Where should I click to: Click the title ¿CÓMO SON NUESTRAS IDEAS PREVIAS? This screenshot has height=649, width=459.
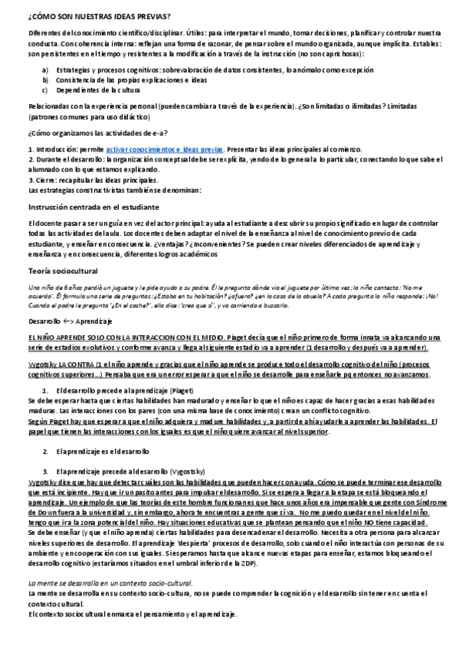[x=99, y=16]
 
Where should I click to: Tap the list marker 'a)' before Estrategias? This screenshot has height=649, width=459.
[x=45, y=70]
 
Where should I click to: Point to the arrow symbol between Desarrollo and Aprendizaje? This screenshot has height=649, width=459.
[x=67, y=321]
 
